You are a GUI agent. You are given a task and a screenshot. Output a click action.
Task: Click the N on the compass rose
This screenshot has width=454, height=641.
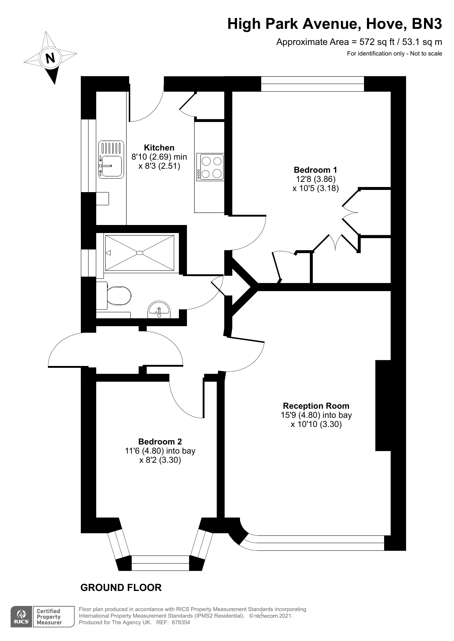pos(50,58)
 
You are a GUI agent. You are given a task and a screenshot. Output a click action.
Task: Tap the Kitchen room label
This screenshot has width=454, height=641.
pos(159,148)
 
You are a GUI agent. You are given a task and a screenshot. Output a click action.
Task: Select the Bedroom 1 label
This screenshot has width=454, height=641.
pos(315,170)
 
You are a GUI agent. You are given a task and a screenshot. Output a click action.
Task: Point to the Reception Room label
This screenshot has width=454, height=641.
pos(316,406)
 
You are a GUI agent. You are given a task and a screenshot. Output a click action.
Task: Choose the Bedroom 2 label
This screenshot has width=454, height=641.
pos(160,442)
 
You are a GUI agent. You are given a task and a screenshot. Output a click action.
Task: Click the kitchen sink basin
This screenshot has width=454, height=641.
pos(112,166)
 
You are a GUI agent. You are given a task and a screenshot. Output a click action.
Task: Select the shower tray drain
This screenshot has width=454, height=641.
pos(140,252)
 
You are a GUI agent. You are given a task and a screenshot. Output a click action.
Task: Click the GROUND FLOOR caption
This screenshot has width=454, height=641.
pos(121,588)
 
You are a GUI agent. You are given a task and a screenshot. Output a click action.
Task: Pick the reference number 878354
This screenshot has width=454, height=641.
pos(181,622)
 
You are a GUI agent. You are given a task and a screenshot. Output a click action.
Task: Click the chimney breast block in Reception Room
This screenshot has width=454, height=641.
pos(383,405)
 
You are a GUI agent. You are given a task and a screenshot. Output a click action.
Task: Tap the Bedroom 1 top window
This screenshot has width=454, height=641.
pos(312,84)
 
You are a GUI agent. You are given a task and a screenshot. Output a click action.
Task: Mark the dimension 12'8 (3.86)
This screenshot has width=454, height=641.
pos(315,179)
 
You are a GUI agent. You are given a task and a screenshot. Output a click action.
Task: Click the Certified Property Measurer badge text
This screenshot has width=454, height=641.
pos(49,617)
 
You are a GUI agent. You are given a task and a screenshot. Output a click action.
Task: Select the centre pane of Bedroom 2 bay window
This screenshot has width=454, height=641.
pos(160,563)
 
